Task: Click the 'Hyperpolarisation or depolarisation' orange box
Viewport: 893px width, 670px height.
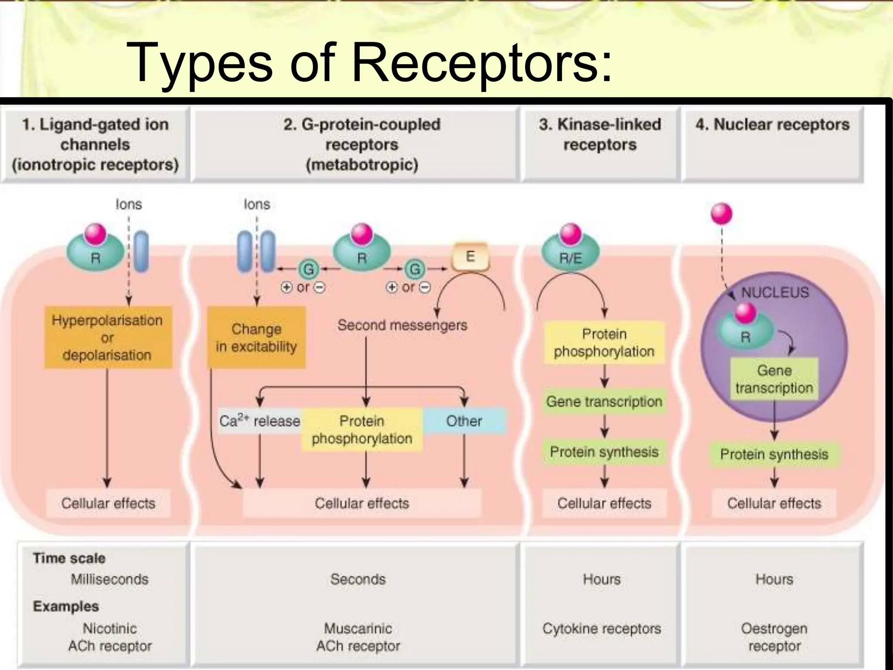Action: tap(108, 338)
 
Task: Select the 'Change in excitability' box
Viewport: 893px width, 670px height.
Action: tap(256, 338)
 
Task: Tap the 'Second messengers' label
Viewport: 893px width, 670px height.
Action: tap(402, 325)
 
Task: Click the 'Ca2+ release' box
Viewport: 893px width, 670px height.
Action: tap(259, 421)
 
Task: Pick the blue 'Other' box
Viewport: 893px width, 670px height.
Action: tap(464, 421)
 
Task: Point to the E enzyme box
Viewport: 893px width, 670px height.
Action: tap(470, 256)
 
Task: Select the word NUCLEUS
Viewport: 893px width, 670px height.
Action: tap(775, 292)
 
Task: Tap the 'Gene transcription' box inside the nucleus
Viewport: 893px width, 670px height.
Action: tap(774, 379)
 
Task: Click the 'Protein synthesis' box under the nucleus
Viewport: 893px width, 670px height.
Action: tap(774, 454)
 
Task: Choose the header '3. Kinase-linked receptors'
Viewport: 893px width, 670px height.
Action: tap(600, 134)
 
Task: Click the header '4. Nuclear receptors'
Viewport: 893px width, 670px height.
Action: tap(772, 125)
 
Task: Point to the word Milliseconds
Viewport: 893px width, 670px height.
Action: tap(109, 579)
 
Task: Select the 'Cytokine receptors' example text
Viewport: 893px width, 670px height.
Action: tap(601, 629)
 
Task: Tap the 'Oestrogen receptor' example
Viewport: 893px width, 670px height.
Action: tap(774, 637)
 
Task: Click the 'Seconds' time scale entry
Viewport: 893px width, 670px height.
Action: tap(358, 579)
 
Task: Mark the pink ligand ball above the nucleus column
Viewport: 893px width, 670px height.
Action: tap(721, 214)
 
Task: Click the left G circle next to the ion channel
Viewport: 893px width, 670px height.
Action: tap(308, 269)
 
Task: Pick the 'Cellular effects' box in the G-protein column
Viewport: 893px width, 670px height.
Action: tap(361, 503)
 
